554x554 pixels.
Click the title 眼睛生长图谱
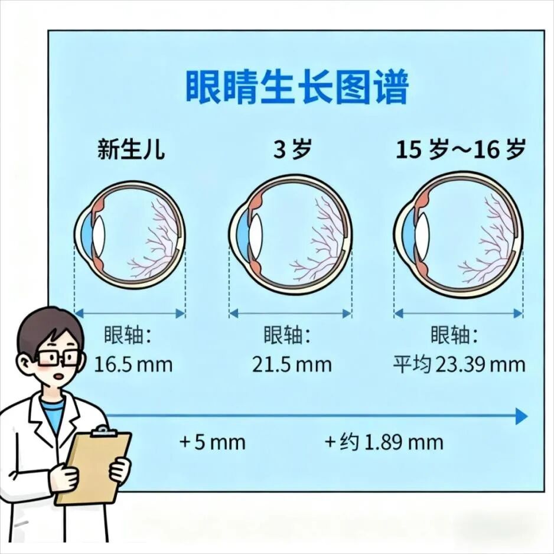(296, 87)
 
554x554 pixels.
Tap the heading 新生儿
(131, 150)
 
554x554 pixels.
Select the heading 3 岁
(292, 150)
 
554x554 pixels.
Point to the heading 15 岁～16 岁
(460, 150)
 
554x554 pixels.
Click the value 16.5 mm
(133, 364)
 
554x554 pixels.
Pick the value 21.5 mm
(292, 364)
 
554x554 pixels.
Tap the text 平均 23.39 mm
(459, 364)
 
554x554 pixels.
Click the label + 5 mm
(213, 442)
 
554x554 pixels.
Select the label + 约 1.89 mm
(383, 442)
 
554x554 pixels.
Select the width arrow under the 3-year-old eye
(290, 314)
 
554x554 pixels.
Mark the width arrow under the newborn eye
(129, 314)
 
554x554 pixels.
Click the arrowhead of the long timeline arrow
(520, 416)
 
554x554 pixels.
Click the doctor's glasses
(58, 357)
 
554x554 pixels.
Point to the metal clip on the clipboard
(104, 431)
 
